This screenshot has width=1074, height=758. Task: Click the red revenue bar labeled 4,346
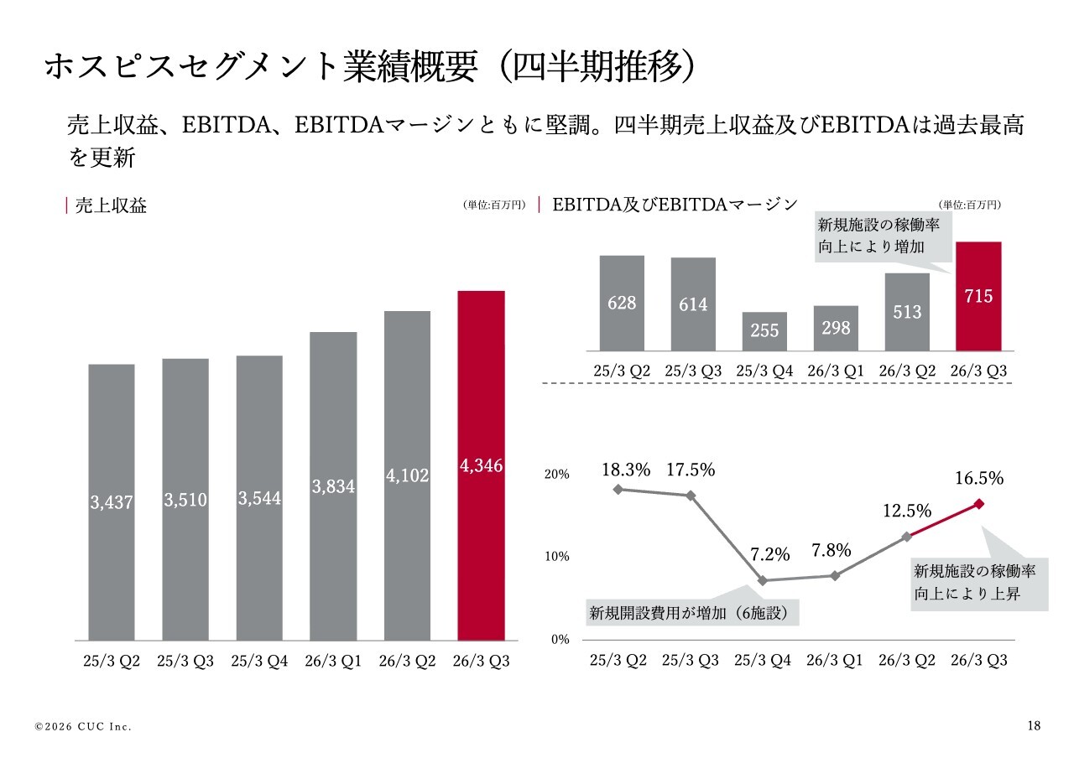[x=481, y=465]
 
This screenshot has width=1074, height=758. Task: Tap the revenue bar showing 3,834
[x=333, y=485]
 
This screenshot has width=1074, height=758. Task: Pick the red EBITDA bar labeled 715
[x=978, y=296]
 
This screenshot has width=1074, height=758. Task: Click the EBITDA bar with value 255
[x=764, y=330]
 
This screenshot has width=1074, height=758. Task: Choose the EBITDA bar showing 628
[x=622, y=303]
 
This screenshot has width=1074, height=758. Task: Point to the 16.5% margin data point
[x=979, y=503]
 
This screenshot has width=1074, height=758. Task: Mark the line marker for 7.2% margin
[x=763, y=580]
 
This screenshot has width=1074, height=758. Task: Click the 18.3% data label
[x=626, y=470]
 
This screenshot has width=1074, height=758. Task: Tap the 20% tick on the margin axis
[x=557, y=474]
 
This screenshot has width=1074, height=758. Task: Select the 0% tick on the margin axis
[x=560, y=639]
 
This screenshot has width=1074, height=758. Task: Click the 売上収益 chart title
[x=111, y=205]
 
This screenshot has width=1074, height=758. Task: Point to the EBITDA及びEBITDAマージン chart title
[x=675, y=205]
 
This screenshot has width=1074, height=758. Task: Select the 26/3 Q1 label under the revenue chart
[x=333, y=661]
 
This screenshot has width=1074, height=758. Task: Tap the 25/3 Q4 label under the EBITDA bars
[x=764, y=371]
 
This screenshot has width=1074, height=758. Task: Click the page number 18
[x=1034, y=725]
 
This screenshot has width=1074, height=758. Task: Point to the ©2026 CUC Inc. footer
[x=83, y=726]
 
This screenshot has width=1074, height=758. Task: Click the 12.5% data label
[x=906, y=511]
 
